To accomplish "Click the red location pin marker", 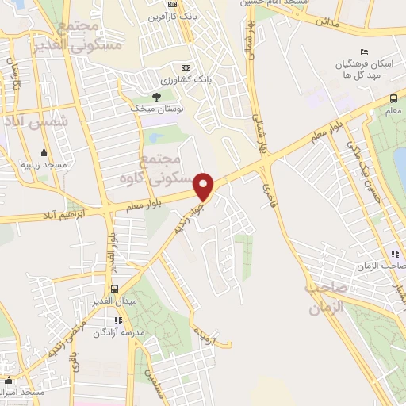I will [x=205, y=186].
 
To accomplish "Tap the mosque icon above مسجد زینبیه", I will [x=44, y=154].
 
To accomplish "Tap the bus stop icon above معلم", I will [x=394, y=98].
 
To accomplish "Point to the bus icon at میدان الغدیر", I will [x=116, y=289].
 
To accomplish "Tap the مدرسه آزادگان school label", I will [x=118, y=333].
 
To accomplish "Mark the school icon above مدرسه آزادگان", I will [x=118, y=321].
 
